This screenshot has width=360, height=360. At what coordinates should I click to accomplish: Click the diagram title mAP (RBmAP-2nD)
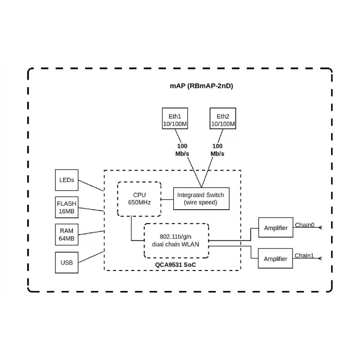pos(201,86)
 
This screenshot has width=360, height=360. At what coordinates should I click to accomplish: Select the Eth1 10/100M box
pos(175,119)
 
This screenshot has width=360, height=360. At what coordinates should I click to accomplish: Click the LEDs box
pos(67,180)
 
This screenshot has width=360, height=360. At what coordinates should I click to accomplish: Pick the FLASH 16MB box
pos(67,207)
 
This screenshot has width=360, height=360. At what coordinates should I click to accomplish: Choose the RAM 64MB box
pos(67,234)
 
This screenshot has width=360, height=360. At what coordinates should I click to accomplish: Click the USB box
pos(67,262)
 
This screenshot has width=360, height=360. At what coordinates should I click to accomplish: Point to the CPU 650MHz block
pos(139,199)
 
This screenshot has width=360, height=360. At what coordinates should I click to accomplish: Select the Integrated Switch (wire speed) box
pos(201,198)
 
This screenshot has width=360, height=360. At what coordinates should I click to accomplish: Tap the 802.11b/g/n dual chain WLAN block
pos(176,240)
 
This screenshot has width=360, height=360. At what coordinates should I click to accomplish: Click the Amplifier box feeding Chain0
pos(275,228)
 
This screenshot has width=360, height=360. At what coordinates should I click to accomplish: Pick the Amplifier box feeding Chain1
pos(275,259)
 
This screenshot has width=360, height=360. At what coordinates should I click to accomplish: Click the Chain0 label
pos(304,225)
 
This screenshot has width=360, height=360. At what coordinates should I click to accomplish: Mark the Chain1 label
pos(304,256)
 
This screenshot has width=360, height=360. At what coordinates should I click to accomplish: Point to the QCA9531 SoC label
pos(175,265)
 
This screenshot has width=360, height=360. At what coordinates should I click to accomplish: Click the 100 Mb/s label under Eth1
pos(182,150)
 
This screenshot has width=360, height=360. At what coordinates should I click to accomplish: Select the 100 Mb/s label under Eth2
pos(217,150)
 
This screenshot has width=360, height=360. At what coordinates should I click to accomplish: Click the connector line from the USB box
pos(91,256)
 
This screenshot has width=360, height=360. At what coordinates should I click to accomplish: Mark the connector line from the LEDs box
pos(91,185)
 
